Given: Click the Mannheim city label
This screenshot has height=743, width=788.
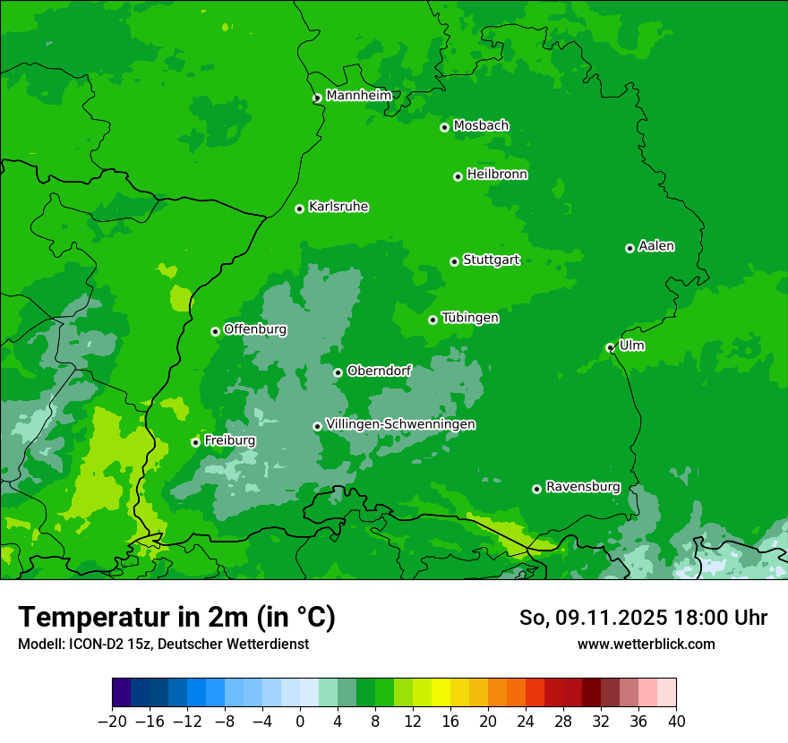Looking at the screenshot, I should point(360,96).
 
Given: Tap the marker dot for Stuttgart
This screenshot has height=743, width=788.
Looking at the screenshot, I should point(454,261).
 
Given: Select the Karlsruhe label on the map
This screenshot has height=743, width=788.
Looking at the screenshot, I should point(338,207).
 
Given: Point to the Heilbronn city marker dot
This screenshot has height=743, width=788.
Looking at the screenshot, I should point(458,176).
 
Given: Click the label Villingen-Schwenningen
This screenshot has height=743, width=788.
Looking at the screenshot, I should point(400,424).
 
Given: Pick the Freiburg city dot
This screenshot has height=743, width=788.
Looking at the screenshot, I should point(195,442).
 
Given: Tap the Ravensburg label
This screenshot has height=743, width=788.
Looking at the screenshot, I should point(583,487).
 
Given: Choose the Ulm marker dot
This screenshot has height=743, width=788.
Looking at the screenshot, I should point(610,347).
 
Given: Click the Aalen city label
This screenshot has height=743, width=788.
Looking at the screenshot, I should point(656,246).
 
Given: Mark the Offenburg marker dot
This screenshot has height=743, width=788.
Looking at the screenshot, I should point(215,331).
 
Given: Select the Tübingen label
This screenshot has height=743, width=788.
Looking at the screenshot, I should point(470,318).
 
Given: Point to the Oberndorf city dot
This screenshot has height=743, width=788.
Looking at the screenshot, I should point(338,372).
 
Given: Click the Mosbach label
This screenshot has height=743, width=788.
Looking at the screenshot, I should point(481,126).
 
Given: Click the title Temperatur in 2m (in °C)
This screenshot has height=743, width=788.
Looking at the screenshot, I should point(176,618).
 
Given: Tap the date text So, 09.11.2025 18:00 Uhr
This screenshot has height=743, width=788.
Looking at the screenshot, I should point(643,618).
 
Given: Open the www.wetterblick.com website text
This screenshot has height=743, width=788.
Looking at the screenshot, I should point(646,644).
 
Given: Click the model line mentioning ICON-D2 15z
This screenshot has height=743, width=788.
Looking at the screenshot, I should point(163,644).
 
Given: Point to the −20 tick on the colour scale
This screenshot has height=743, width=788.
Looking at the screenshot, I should point(112,722).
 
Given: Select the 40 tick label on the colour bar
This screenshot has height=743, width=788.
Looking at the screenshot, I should point(676,722).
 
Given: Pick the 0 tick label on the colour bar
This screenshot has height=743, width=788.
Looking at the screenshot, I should point(300,722).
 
